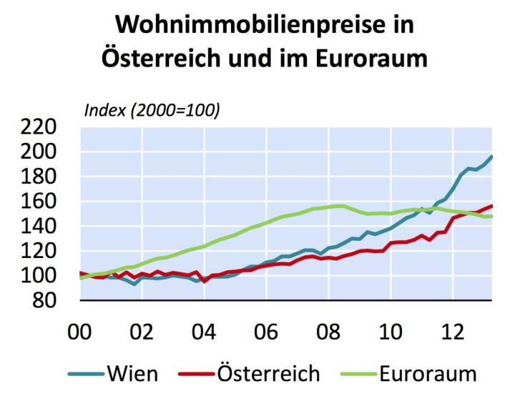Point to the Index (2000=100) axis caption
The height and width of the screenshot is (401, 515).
coord(152,110)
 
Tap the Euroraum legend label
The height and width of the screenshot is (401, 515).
coord(428,373)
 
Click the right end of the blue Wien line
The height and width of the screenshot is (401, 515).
coord(491,156)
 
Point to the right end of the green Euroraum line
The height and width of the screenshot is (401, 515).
coord(491,216)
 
